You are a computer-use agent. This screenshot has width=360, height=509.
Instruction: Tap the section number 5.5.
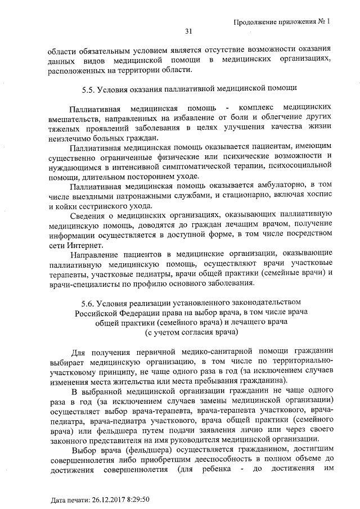(88, 89)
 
